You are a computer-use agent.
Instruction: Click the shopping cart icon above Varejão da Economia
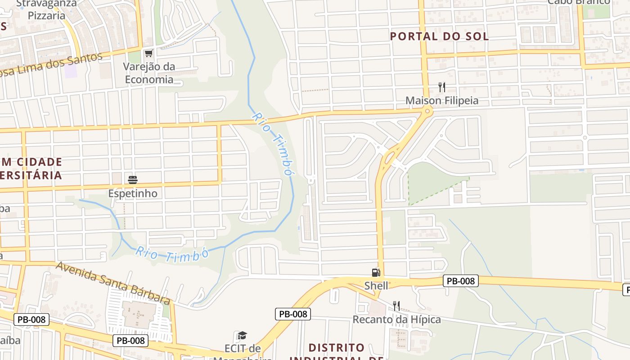coord(148,53)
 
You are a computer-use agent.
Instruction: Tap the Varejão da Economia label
coord(149,73)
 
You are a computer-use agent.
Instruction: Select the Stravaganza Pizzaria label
coord(46,9)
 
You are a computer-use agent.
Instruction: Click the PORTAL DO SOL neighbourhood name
coord(439,36)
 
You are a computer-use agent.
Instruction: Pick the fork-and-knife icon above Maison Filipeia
coord(442,87)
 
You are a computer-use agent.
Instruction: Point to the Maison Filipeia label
coord(442,100)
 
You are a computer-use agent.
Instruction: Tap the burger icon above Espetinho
coord(133,180)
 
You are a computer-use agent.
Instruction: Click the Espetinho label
coord(133,193)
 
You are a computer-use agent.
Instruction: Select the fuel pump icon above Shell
coord(376,272)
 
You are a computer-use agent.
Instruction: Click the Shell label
coord(376,285)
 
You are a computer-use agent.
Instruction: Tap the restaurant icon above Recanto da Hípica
coord(396,306)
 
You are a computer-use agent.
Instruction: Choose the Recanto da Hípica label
coord(396,319)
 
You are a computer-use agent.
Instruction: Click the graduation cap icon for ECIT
coord(242,335)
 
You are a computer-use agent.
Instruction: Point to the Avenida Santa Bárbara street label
coord(113,283)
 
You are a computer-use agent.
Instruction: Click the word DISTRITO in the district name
coord(337,348)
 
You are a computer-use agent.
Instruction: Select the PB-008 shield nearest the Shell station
coord(461,281)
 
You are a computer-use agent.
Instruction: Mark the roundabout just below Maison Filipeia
coord(427,111)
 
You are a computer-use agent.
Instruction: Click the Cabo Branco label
coord(579,2)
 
